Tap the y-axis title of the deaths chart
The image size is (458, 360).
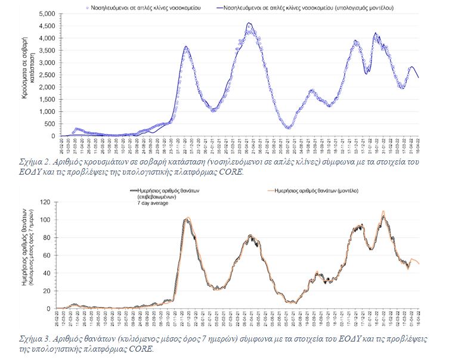coord(26,255)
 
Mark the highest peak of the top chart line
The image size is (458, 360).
coord(249,23)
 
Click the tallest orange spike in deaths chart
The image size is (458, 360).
coord(383,211)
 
